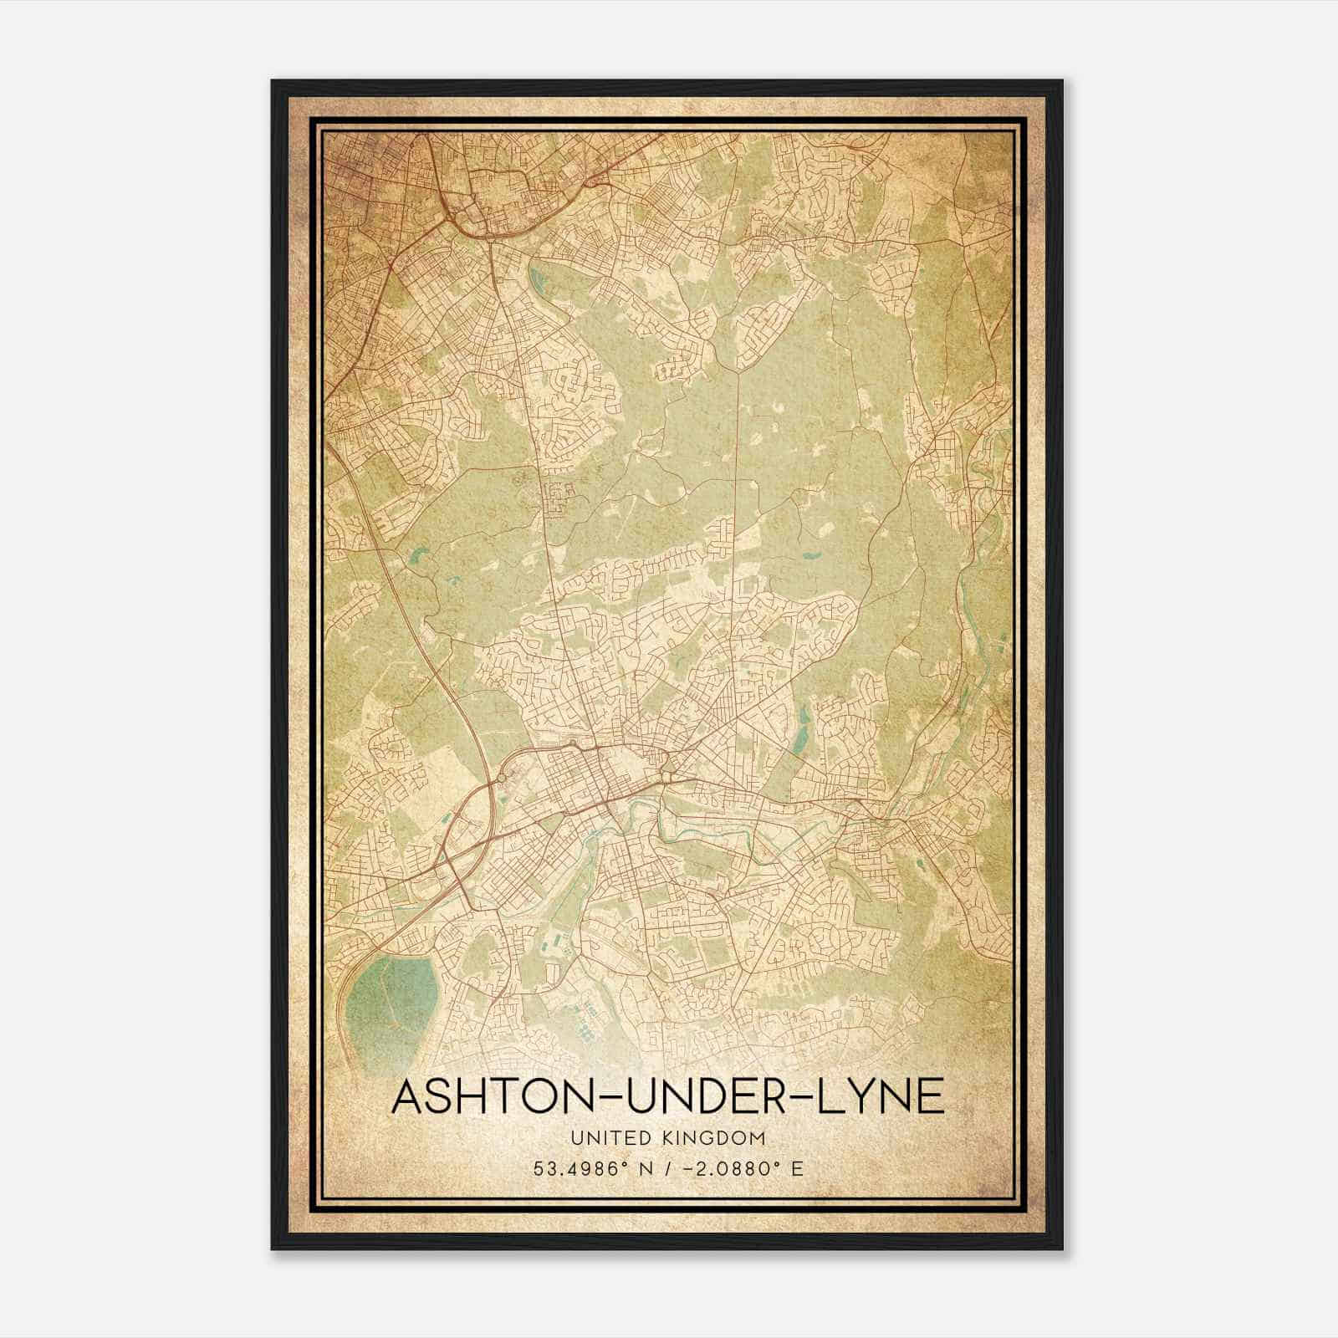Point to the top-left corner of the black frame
click(273, 81)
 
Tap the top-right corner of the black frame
click(1062, 81)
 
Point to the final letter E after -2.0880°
click(798, 1169)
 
